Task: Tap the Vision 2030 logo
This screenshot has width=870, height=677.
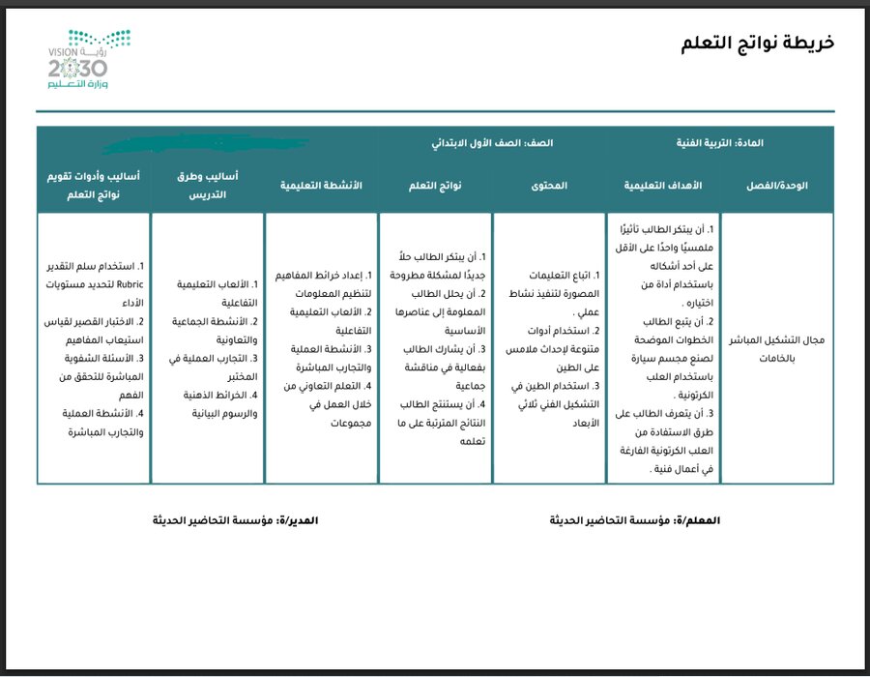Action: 89,60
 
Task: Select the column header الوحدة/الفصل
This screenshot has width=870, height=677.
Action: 777,185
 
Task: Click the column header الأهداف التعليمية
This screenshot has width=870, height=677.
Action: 664,185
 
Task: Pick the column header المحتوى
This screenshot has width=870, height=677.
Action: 549,185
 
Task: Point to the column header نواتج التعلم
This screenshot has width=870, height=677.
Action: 435,185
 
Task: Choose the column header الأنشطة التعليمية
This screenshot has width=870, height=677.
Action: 322,185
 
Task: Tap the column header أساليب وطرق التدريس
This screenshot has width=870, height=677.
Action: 208,185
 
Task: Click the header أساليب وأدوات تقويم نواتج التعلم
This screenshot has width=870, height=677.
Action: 94,185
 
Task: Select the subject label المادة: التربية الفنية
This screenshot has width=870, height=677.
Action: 721,143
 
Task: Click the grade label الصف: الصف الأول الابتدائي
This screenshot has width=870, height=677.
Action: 492,143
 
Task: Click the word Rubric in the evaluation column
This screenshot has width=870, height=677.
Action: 129,284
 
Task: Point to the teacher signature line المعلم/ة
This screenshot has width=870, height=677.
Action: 635,520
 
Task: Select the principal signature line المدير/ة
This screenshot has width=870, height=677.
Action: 235,520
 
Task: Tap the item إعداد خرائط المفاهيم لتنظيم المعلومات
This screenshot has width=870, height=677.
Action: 322,284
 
